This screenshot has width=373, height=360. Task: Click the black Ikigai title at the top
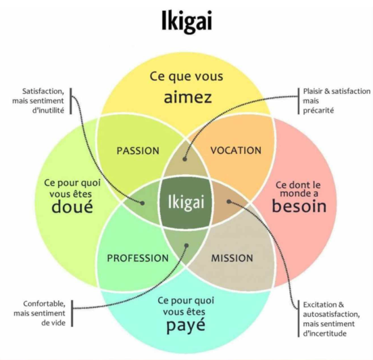click(186, 22)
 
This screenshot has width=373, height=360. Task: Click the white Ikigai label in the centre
click(186, 203)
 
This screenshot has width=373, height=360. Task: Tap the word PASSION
click(138, 151)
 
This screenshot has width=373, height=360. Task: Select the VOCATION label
click(236, 151)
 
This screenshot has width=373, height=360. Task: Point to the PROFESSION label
click(138, 258)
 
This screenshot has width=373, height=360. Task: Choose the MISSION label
click(232, 258)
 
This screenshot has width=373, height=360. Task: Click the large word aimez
click(188, 97)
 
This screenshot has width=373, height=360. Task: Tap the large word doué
click(72, 206)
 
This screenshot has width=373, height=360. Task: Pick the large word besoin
click(299, 206)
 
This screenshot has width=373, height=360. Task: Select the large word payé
click(186, 326)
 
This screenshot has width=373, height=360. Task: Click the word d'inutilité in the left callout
click(48, 111)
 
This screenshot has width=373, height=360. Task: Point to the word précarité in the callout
click(318, 111)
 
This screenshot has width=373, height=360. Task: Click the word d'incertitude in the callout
click(324, 334)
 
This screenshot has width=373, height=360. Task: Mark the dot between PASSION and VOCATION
click(185, 159)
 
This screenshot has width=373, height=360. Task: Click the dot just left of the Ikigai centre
click(143, 203)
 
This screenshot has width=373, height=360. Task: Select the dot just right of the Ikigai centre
click(229, 202)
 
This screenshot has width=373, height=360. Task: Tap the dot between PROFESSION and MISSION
click(186, 246)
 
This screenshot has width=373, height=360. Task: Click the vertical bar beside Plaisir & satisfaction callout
click(299, 101)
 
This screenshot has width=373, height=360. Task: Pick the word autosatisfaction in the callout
click(331, 314)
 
